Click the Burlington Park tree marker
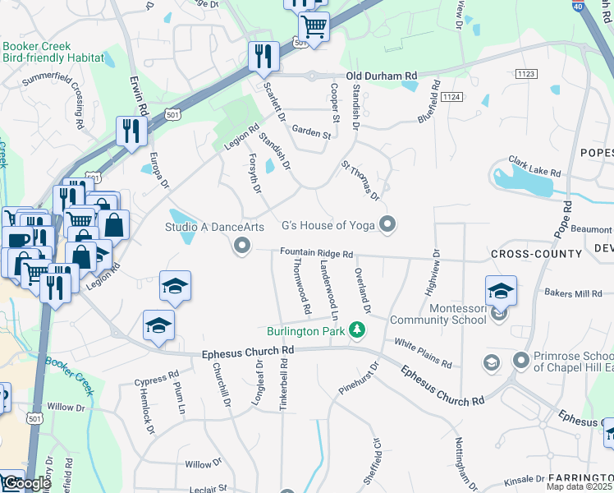click(x=356, y=330)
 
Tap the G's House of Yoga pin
click(x=389, y=224)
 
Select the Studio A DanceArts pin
click(x=241, y=245)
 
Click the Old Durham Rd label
click(x=382, y=76)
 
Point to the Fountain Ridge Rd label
click(x=316, y=254)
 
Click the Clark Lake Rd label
click(x=534, y=168)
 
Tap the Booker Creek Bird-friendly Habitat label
click(x=53, y=53)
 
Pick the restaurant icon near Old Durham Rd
click(x=263, y=57)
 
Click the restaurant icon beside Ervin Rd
click(x=131, y=131)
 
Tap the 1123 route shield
click(x=527, y=74)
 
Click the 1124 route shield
click(x=451, y=97)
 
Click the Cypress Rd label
click(x=156, y=381)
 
